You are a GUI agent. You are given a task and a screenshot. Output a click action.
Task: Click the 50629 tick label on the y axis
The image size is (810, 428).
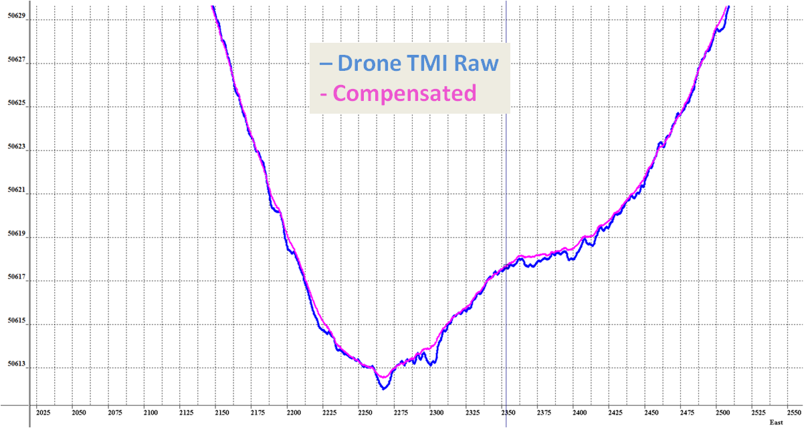click(15, 20)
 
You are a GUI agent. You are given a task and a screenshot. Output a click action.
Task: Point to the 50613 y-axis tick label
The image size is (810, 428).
click(15, 365)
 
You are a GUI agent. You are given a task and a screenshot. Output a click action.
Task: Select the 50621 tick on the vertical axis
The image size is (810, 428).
click(15, 193)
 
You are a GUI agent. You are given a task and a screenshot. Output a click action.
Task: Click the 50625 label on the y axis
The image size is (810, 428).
click(15, 106)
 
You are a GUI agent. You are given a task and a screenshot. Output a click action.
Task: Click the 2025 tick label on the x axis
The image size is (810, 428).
click(43, 413)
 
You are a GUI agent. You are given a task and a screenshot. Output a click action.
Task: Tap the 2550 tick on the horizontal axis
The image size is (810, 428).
click(794, 413)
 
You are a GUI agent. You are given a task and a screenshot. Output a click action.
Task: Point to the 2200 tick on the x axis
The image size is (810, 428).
click(294, 413)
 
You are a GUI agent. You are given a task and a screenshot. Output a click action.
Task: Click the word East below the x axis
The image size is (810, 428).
click(775, 423)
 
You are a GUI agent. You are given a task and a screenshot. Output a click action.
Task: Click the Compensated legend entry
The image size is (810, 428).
click(405, 93)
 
